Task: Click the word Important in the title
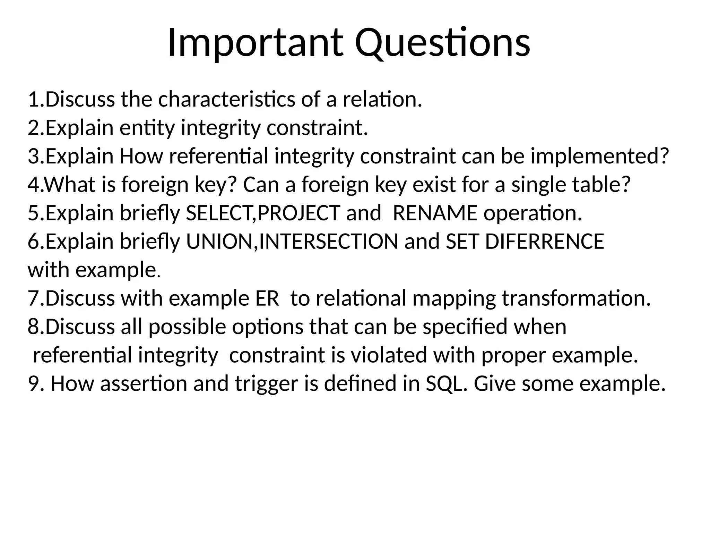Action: coord(255,43)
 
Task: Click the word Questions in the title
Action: coord(442,43)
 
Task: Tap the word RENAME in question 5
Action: coord(435,213)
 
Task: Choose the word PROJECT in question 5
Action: coord(298,213)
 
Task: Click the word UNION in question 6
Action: coord(219,242)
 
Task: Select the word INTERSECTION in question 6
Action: coord(329,242)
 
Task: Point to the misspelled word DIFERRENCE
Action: coord(544,242)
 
